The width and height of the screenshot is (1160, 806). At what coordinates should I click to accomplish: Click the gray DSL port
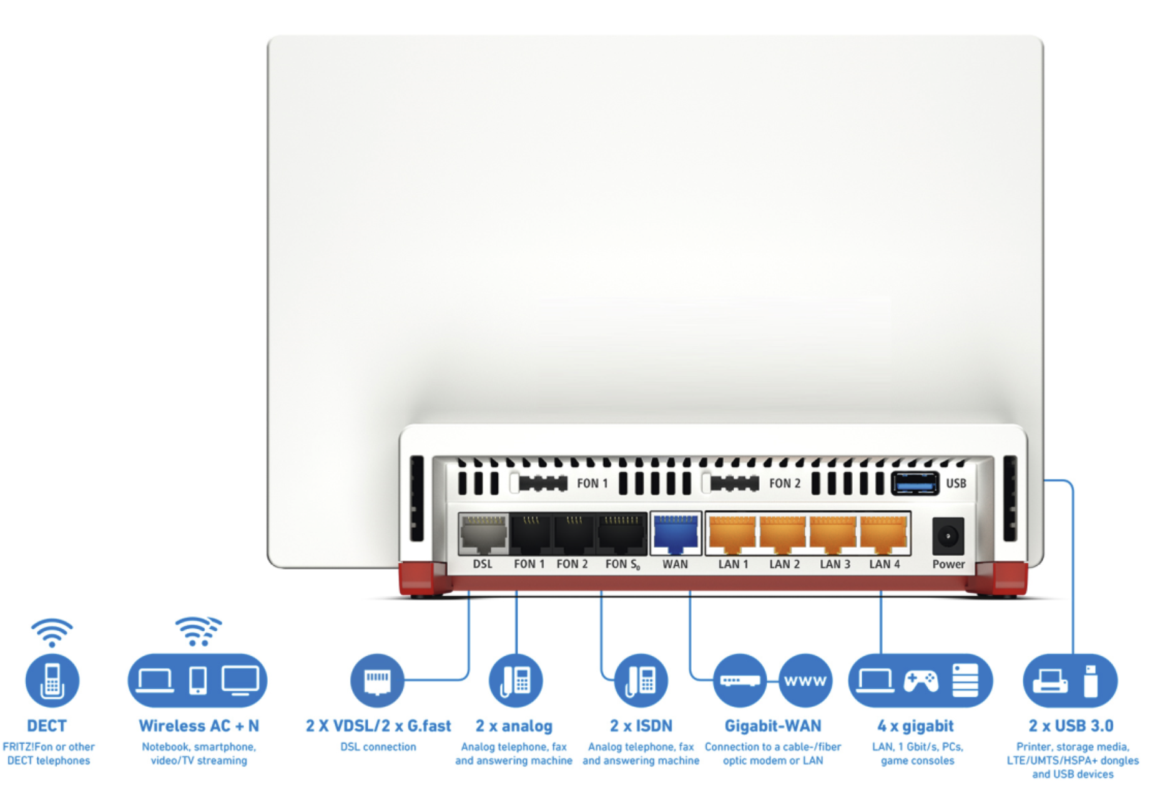point(483,534)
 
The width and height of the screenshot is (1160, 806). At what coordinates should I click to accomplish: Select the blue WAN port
point(676,534)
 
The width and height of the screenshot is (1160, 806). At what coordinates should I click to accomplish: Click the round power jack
point(948,536)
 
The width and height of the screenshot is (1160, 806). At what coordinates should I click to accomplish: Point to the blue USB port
point(915,483)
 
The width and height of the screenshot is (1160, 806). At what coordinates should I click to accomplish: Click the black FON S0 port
point(621,534)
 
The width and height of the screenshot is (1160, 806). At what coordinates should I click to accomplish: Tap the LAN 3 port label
point(835,564)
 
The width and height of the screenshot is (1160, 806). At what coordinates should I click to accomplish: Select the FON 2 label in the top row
point(785,483)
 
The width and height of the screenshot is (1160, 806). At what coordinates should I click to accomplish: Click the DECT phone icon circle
point(52,681)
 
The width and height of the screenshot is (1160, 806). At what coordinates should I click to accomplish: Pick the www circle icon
point(805,681)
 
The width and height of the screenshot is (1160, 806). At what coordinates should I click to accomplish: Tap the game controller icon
point(921,681)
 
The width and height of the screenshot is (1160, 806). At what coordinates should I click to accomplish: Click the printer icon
point(1050,681)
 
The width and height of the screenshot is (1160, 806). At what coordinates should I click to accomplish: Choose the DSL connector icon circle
point(377,681)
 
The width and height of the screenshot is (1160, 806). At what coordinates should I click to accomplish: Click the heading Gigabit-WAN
point(773,726)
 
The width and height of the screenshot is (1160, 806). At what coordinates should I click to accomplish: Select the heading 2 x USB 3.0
point(1071,726)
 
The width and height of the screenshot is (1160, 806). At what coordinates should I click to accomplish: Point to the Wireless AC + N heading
point(199,726)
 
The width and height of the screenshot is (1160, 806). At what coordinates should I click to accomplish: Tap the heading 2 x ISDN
point(641,726)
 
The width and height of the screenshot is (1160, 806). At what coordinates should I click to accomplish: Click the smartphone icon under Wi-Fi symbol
point(198,681)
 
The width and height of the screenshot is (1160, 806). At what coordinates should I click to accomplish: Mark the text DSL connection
point(378,747)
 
